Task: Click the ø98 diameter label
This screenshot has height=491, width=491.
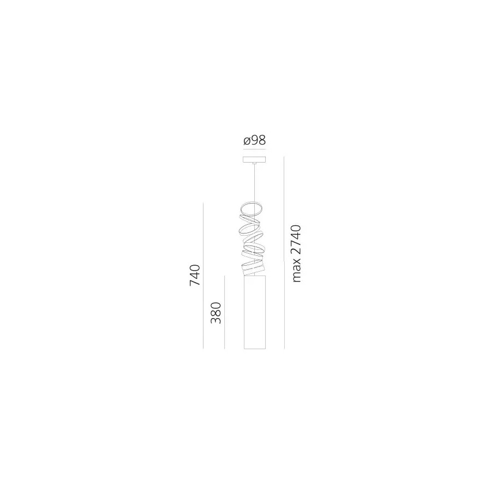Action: (255, 140)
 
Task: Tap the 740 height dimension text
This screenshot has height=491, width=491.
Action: (195, 276)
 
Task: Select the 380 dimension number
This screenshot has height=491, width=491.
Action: (216, 313)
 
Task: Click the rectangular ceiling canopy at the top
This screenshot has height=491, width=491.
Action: (254, 159)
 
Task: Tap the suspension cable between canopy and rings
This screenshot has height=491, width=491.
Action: (255, 182)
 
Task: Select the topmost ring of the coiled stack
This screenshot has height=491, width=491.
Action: (252, 208)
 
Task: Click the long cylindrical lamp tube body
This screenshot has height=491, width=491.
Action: (255, 312)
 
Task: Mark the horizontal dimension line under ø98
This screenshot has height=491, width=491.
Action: (255, 149)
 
